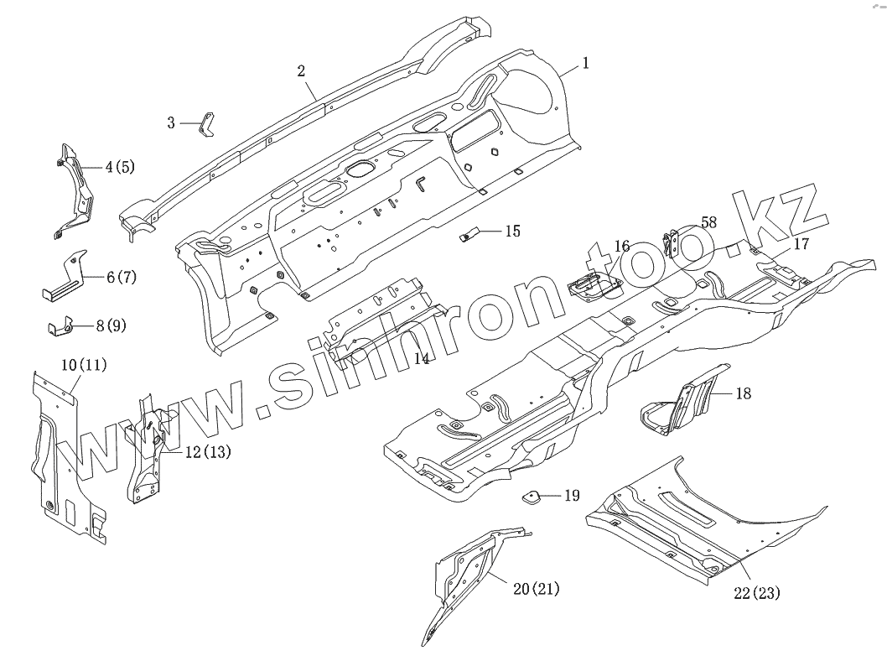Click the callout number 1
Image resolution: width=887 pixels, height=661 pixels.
click(585, 62)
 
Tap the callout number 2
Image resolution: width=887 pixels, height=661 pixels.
click(301, 70)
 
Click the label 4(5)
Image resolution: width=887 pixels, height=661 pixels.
click(119, 166)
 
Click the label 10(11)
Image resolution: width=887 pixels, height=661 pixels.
click(84, 365)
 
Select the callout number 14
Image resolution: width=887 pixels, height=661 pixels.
click(423, 359)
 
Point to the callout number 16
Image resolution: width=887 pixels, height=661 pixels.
click(621, 246)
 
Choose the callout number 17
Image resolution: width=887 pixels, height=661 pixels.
click(801, 244)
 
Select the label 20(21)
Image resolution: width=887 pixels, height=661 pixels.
click(535, 590)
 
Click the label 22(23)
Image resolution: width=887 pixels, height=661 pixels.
click(756, 593)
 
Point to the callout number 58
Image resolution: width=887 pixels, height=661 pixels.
click(709, 221)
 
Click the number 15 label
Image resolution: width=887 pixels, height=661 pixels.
click(512, 230)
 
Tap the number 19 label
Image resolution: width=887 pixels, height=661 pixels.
click(571, 495)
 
